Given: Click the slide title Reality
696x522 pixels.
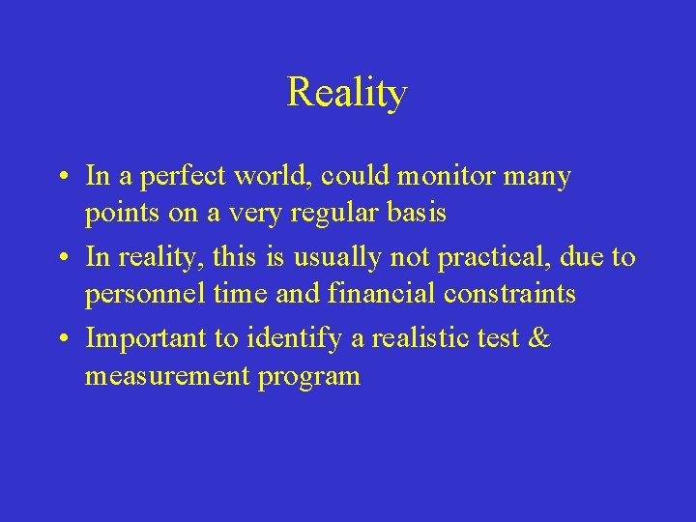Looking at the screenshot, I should click(x=347, y=93).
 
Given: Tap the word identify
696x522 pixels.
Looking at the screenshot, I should click(x=292, y=339).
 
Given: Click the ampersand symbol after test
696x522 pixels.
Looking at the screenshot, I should click(x=539, y=339).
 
